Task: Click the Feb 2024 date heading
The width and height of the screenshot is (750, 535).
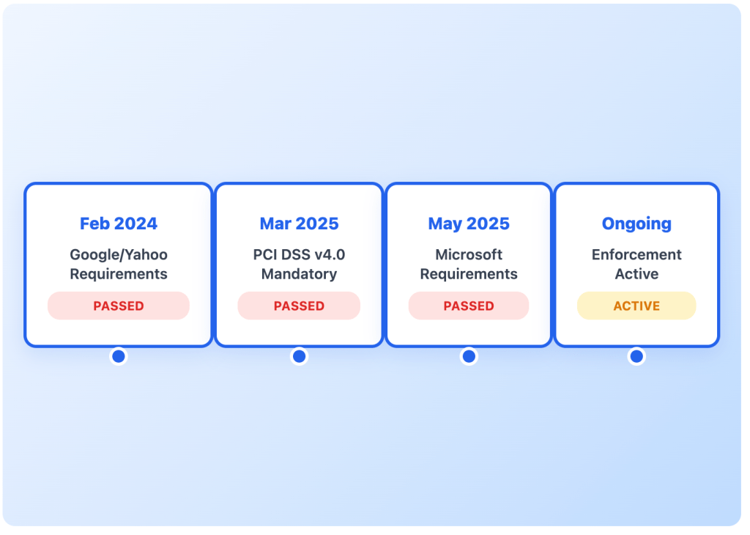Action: [x=119, y=224]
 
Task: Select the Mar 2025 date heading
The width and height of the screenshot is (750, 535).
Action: [x=299, y=224]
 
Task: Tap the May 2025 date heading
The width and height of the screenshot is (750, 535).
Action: [x=469, y=224]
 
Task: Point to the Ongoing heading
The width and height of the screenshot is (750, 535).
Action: [x=636, y=224]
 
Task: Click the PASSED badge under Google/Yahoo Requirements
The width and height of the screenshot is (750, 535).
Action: [x=119, y=306]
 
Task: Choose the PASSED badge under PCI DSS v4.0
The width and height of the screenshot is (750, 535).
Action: [x=299, y=306]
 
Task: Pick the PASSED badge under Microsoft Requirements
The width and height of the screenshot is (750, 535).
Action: [x=469, y=306]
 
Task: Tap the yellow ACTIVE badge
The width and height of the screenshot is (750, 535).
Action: [x=636, y=306]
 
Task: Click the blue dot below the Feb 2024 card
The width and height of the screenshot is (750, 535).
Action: [x=119, y=356]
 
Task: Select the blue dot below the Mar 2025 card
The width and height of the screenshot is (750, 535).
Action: [x=299, y=356]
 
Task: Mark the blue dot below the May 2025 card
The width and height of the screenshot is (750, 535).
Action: [x=469, y=356]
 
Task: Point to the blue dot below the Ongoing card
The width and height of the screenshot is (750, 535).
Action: [x=636, y=356]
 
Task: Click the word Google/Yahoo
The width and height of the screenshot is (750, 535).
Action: [x=119, y=255]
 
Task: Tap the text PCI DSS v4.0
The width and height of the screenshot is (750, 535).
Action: [x=299, y=255]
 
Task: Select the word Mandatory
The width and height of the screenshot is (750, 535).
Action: [x=299, y=274]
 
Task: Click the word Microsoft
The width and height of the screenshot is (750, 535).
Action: [x=469, y=255]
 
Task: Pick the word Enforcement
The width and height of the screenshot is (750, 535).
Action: [x=636, y=255]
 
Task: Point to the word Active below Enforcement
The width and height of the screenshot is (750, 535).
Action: [x=636, y=274]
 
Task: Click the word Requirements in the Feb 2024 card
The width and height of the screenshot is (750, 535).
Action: [x=119, y=274]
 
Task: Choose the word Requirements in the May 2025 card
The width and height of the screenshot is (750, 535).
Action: [x=469, y=274]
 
